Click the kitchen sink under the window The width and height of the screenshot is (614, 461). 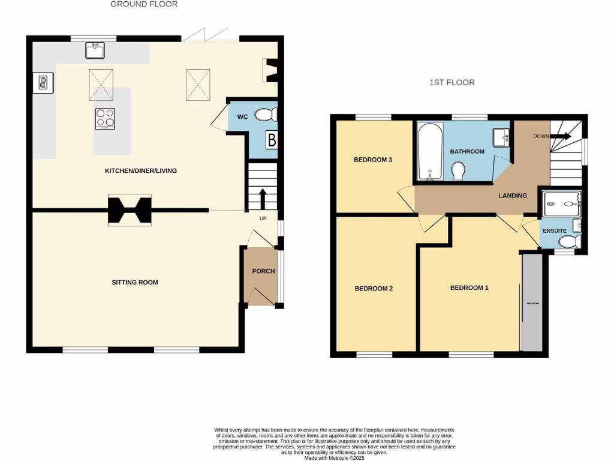[x=95, y=50]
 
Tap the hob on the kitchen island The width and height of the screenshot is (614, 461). [x=105, y=118]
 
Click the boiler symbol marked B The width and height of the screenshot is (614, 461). [x=272, y=141]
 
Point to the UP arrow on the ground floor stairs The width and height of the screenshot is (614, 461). [x=262, y=199]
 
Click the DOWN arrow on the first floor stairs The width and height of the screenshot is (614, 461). [x=562, y=136]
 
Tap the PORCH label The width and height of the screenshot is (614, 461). [x=263, y=271]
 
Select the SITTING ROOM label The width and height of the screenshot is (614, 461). [x=135, y=282]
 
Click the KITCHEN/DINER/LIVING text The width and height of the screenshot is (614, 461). [x=141, y=171]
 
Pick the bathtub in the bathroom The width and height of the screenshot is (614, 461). [x=430, y=151]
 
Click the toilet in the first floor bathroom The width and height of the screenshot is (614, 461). [x=459, y=170]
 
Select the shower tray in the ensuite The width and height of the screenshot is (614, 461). [x=561, y=204]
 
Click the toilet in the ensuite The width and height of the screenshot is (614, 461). [x=567, y=241]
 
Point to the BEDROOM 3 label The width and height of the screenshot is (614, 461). [x=373, y=160]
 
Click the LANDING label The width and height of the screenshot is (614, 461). [x=513, y=196]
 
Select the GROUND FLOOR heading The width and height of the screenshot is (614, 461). [x=144, y=4]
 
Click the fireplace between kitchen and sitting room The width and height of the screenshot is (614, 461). [x=130, y=210]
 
